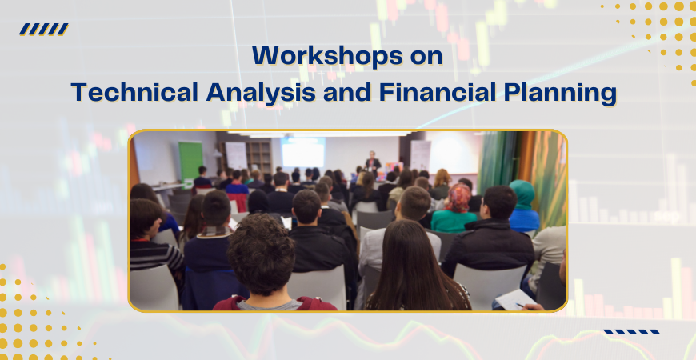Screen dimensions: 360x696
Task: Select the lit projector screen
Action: click(302, 152)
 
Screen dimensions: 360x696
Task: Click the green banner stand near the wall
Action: click(190, 160)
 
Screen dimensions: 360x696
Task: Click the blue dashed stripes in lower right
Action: click(631, 330)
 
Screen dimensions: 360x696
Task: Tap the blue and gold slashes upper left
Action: click(44, 30)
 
